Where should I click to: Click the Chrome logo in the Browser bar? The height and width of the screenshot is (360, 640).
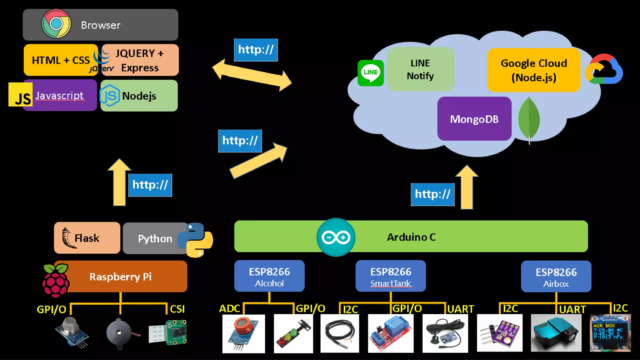(x=56, y=24)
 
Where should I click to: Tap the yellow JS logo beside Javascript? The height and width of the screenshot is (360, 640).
(x=20, y=95)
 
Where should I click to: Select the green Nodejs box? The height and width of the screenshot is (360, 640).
(x=139, y=96)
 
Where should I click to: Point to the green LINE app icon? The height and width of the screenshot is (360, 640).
(x=371, y=73)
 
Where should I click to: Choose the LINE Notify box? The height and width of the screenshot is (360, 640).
(x=420, y=69)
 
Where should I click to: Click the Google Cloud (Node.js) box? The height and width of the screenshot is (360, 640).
(x=534, y=70)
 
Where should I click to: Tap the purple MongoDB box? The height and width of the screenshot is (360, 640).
(x=474, y=119)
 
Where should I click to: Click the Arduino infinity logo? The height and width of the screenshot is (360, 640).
(x=336, y=237)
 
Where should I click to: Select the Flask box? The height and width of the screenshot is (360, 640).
(x=87, y=238)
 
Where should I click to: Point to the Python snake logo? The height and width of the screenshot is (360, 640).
(x=195, y=240)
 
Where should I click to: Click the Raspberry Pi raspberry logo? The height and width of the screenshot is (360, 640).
(x=56, y=280)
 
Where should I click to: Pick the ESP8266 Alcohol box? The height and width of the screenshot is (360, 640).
(x=269, y=276)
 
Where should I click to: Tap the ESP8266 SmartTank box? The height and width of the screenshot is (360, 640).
(x=391, y=276)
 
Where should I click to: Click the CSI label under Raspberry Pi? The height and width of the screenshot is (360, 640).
(x=177, y=309)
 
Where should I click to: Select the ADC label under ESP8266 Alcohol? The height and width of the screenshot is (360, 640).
(x=229, y=309)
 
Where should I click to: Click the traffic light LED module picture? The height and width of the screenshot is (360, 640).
(x=293, y=334)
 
